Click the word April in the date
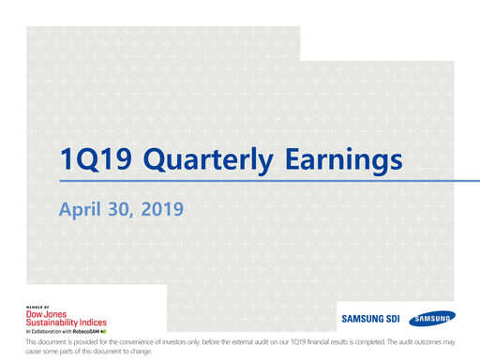click(82, 206)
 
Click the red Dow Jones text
click(44, 316)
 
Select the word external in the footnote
click(250, 344)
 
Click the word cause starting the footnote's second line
click(34, 352)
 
